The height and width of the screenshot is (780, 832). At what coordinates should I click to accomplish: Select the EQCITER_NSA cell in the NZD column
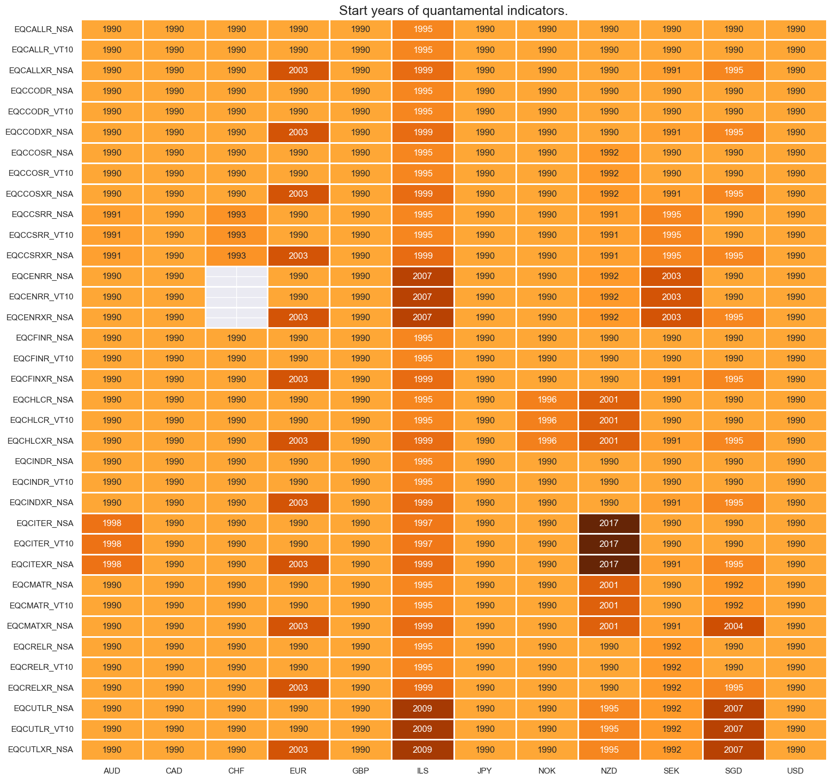tap(609, 523)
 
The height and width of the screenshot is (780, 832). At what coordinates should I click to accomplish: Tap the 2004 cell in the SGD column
tap(733, 626)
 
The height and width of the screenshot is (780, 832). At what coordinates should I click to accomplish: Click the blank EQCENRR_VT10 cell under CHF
tap(236, 297)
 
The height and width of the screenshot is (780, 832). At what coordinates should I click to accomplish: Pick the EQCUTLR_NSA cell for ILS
tap(422, 708)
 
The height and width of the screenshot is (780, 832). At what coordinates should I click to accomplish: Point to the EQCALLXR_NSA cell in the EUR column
tap(298, 71)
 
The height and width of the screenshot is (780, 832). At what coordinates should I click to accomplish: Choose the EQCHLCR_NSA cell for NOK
tap(547, 400)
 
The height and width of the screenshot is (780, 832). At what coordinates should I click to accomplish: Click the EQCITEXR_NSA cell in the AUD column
tap(112, 565)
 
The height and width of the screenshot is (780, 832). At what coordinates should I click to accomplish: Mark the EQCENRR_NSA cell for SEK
tap(671, 276)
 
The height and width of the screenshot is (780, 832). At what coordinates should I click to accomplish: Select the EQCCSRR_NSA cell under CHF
tap(236, 214)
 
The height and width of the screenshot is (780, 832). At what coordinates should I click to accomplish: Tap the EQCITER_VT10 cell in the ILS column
tap(422, 544)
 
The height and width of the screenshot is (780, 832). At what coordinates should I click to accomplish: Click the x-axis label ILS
tap(422, 771)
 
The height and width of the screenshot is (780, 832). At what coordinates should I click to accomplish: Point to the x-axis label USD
tap(795, 771)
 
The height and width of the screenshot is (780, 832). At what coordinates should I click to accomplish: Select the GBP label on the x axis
tap(360, 771)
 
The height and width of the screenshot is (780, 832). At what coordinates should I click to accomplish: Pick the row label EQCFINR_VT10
tap(43, 359)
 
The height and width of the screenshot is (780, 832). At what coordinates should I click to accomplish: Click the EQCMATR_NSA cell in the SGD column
tap(733, 585)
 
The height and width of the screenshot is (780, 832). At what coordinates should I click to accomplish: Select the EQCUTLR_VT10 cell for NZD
tap(609, 729)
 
